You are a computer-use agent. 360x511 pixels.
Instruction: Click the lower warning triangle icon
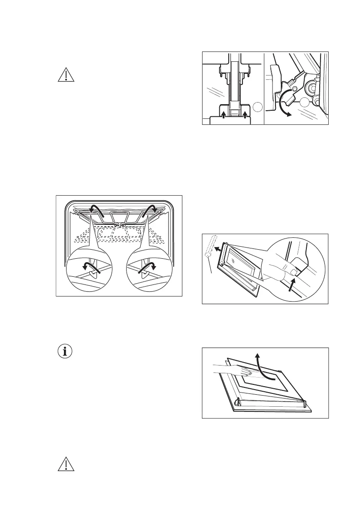coord(66,466)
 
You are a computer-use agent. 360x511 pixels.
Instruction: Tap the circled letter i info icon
coord(66,351)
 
